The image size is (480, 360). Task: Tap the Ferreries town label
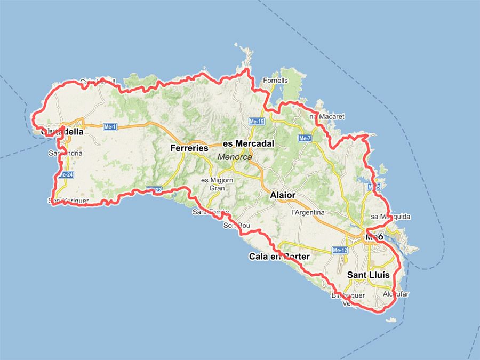click(x=189, y=148)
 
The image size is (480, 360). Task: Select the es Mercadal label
click(x=248, y=143)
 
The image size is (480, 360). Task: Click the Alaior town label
click(x=283, y=195)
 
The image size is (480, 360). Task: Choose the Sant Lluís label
click(x=369, y=275)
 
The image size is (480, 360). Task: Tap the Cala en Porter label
click(x=279, y=257)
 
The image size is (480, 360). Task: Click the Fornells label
click(x=275, y=81)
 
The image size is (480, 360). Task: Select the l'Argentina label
click(x=308, y=212)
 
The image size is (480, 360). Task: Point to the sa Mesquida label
click(x=391, y=217)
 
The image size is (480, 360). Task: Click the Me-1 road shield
click(x=110, y=127)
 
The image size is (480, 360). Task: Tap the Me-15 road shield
click(x=257, y=122)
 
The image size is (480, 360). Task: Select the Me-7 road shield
click(x=305, y=139)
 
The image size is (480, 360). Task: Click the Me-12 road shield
click(x=340, y=250)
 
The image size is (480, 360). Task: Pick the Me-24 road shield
click(x=66, y=175)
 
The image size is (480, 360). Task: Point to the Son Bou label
click(x=236, y=226)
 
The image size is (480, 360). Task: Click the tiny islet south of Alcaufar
click(x=392, y=320)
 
